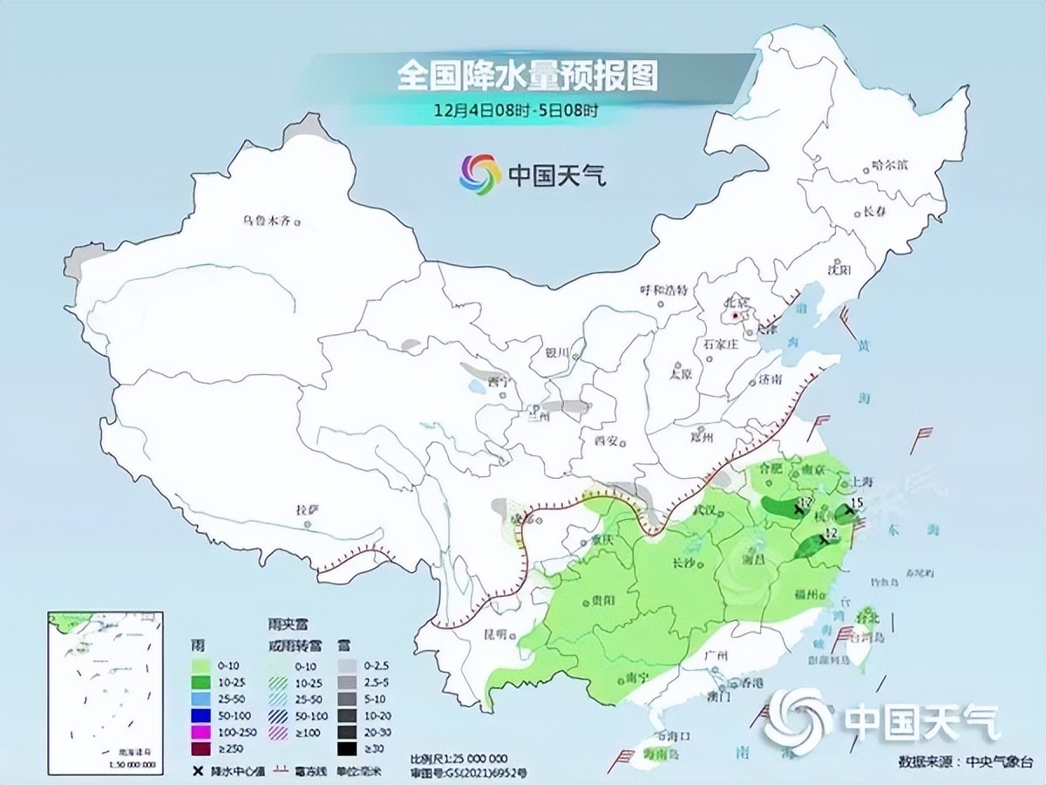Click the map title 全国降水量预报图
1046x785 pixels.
[x=526, y=77]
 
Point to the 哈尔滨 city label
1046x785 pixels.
[x=889, y=165]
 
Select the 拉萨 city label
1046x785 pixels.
[x=307, y=509]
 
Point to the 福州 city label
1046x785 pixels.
[x=807, y=595]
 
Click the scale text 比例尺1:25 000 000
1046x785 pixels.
[x=458, y=758]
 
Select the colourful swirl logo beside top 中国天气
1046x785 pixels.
[x=480, y=174]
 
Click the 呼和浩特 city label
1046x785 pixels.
[x=664, y=290]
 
